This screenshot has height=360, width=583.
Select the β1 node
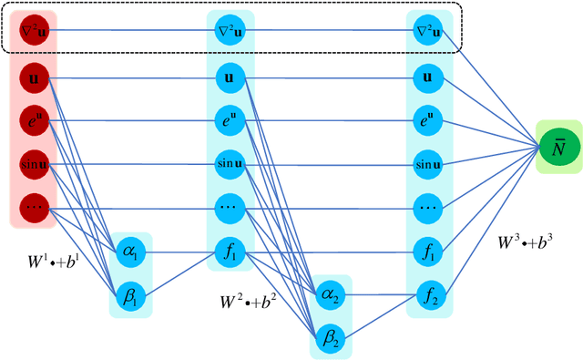click(128, 291)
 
